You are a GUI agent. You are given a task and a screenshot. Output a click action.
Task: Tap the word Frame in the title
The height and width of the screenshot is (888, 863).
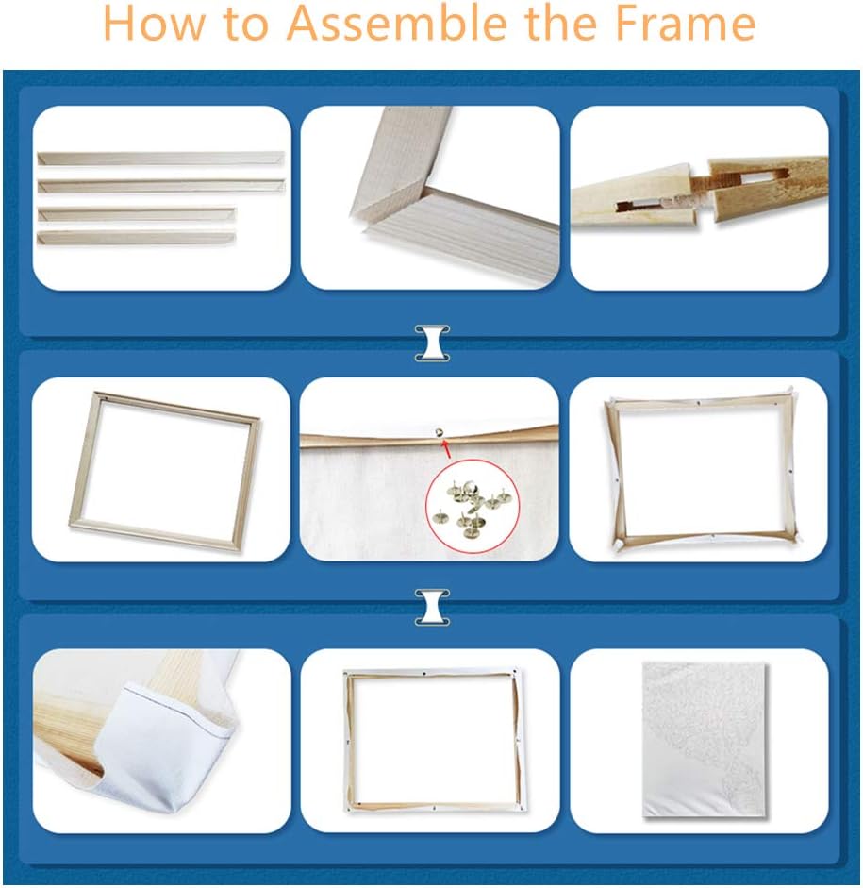(x=686, y=24)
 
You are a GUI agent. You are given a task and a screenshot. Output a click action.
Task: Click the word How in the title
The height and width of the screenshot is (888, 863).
(x=154, y=24)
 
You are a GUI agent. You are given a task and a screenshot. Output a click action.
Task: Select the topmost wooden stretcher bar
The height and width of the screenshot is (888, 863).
(x=160, y=158)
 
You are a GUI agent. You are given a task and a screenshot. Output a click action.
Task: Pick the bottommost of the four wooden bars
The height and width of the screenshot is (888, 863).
(x=137, y=238)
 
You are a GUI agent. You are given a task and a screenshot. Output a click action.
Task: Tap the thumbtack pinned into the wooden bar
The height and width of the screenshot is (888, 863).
(x=439, y=432)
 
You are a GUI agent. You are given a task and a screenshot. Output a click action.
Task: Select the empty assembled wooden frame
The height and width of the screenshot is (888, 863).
(x=164, y=471)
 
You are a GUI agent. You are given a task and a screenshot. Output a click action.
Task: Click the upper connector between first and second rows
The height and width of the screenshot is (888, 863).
(x=432, y=343)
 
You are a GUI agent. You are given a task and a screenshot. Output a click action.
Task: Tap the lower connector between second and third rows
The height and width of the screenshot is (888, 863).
(x=432, y=607)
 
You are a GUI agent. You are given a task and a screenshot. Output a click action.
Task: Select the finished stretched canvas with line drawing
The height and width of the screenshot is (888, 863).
(x=705, y=740)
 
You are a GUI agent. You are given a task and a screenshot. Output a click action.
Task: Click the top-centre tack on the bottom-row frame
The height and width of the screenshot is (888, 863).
(x=423, y=674)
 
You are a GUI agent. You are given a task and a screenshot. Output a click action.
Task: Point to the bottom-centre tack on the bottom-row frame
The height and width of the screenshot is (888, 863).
(x=434, y=808)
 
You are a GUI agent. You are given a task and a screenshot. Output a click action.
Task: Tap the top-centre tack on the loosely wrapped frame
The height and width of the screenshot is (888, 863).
(x=698, y=404)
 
